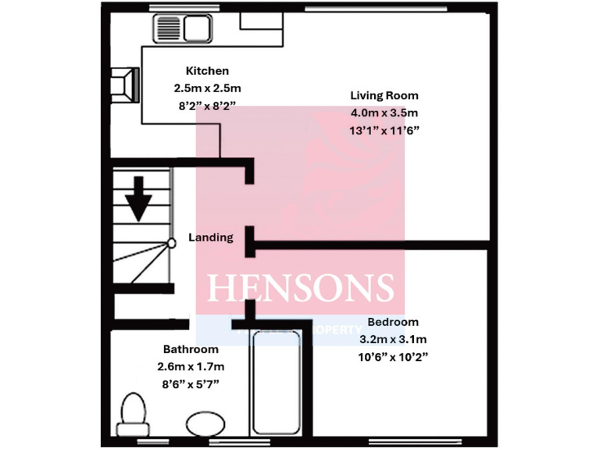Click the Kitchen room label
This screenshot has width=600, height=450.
pos(207,71)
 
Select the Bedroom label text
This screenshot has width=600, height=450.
pos(393,322)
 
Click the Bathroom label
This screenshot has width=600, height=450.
pos(191,349)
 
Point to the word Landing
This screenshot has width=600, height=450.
pos(211,237)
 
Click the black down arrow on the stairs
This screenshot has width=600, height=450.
pos(140,198)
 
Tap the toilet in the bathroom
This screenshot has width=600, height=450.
pos(134,411)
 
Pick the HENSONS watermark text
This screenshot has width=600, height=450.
pos(300,287)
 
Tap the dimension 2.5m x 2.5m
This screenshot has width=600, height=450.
pos(207,88)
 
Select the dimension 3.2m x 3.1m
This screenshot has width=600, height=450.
pos(393,339)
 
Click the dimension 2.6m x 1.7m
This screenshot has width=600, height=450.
pos(191,366)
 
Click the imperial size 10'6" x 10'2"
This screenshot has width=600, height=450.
pos(393,357)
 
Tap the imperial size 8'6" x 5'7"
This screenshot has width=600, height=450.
pos(191,384)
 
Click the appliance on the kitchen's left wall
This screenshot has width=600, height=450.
pos(126,83)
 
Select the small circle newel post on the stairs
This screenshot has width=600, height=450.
pos(171,243)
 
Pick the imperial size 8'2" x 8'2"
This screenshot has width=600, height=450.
pos(207,105)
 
